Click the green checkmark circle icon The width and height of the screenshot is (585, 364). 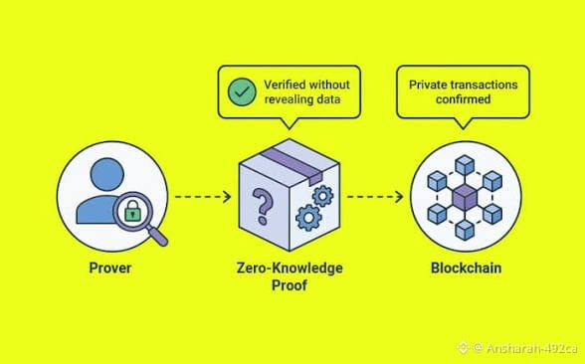pyautogui.click(x=242, y=91)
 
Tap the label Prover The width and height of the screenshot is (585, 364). pyautogui.click(x=110, y=268)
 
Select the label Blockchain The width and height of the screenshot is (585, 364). pyautogui.click(x=466, y=268)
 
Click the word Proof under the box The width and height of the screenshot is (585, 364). pyautogui.click(x=290, y=285)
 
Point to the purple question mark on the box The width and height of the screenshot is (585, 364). pyautogui.click(x=263, y=206)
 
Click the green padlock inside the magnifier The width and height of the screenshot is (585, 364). pyautogui.click(x=132, y=211)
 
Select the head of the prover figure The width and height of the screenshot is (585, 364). pyautogui.click(x=107, y=174)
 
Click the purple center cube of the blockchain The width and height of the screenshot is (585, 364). pyautogui.click(x=465, y=197)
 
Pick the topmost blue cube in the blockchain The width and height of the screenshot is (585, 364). pyautogui.click(x=465, y=165)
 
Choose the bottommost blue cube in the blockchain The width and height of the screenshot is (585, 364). pyautogui.click(x=465, y=230)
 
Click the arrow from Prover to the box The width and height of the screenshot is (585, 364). pyautogui.click(x=203, y=197)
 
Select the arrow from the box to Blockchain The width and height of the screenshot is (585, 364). pyautogui.click(x=375, y=197)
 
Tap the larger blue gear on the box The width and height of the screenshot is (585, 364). pyautogui.click(x=308, y=218)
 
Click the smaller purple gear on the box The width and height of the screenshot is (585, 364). pyautogui.click(x=322, y=196)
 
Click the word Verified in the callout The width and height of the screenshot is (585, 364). pyautogui.click(x=284, y=85)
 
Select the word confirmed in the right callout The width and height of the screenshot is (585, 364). pyautogui.click(x=463, y=99)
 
